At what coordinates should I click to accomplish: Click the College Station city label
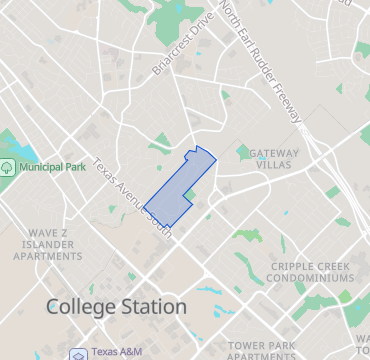116,307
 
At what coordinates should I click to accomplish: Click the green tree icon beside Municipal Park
8,167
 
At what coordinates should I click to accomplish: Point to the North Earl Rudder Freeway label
262,62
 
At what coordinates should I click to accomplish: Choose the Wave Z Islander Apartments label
47,244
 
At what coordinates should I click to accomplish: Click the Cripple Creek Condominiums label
312,272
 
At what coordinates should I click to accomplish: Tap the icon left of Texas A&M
78,353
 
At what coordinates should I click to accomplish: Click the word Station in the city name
151,307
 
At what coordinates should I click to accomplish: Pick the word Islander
47,244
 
